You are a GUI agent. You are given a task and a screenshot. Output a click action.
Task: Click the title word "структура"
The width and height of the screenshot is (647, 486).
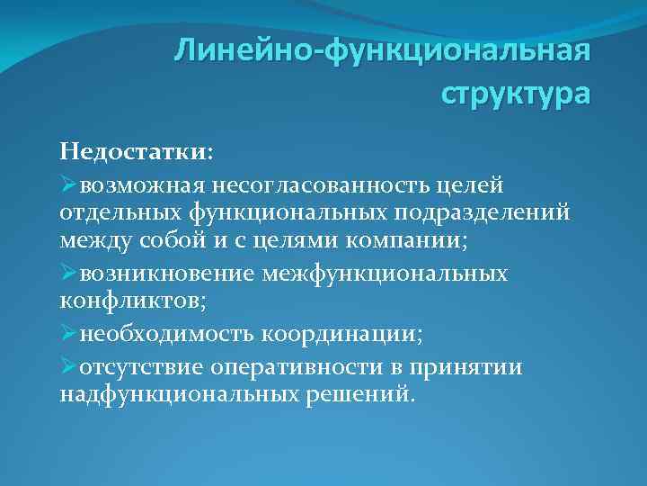click(516, 93)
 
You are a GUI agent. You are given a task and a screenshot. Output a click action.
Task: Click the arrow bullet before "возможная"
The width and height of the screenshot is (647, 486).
click(69, 185)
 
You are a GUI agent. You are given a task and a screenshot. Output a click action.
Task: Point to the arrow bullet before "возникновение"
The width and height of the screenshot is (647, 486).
click(69, 273)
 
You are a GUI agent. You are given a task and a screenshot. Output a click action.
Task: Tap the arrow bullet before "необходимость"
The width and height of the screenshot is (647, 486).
click(69, 335)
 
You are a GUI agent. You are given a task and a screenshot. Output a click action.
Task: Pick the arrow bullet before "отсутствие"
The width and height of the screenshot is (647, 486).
click(69, 367)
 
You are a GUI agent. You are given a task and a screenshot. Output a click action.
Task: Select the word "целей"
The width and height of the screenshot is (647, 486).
click(454, 185)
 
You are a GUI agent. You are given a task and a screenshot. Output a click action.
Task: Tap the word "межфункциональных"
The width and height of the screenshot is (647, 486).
click(385, 274)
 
